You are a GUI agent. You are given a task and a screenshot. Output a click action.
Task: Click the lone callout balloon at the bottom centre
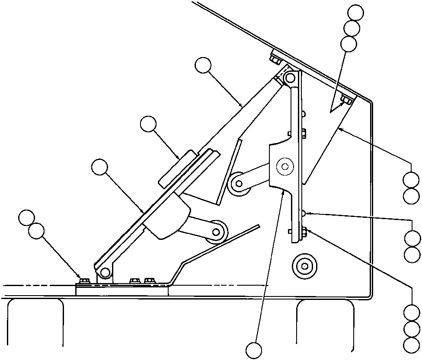coord(254,350)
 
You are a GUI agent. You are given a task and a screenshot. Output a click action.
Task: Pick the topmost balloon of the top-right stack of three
coord(356,12)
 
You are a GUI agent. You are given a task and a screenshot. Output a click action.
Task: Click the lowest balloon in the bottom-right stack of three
coord(411,345)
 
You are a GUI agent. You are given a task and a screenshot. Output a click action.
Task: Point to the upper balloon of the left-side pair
coord(28,217)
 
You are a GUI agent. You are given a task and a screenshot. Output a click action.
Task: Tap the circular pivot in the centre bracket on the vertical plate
coord(285,166)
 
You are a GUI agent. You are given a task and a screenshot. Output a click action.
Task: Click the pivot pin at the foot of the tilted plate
coord(104,272)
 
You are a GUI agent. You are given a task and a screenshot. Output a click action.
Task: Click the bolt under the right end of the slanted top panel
coord(346,101)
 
